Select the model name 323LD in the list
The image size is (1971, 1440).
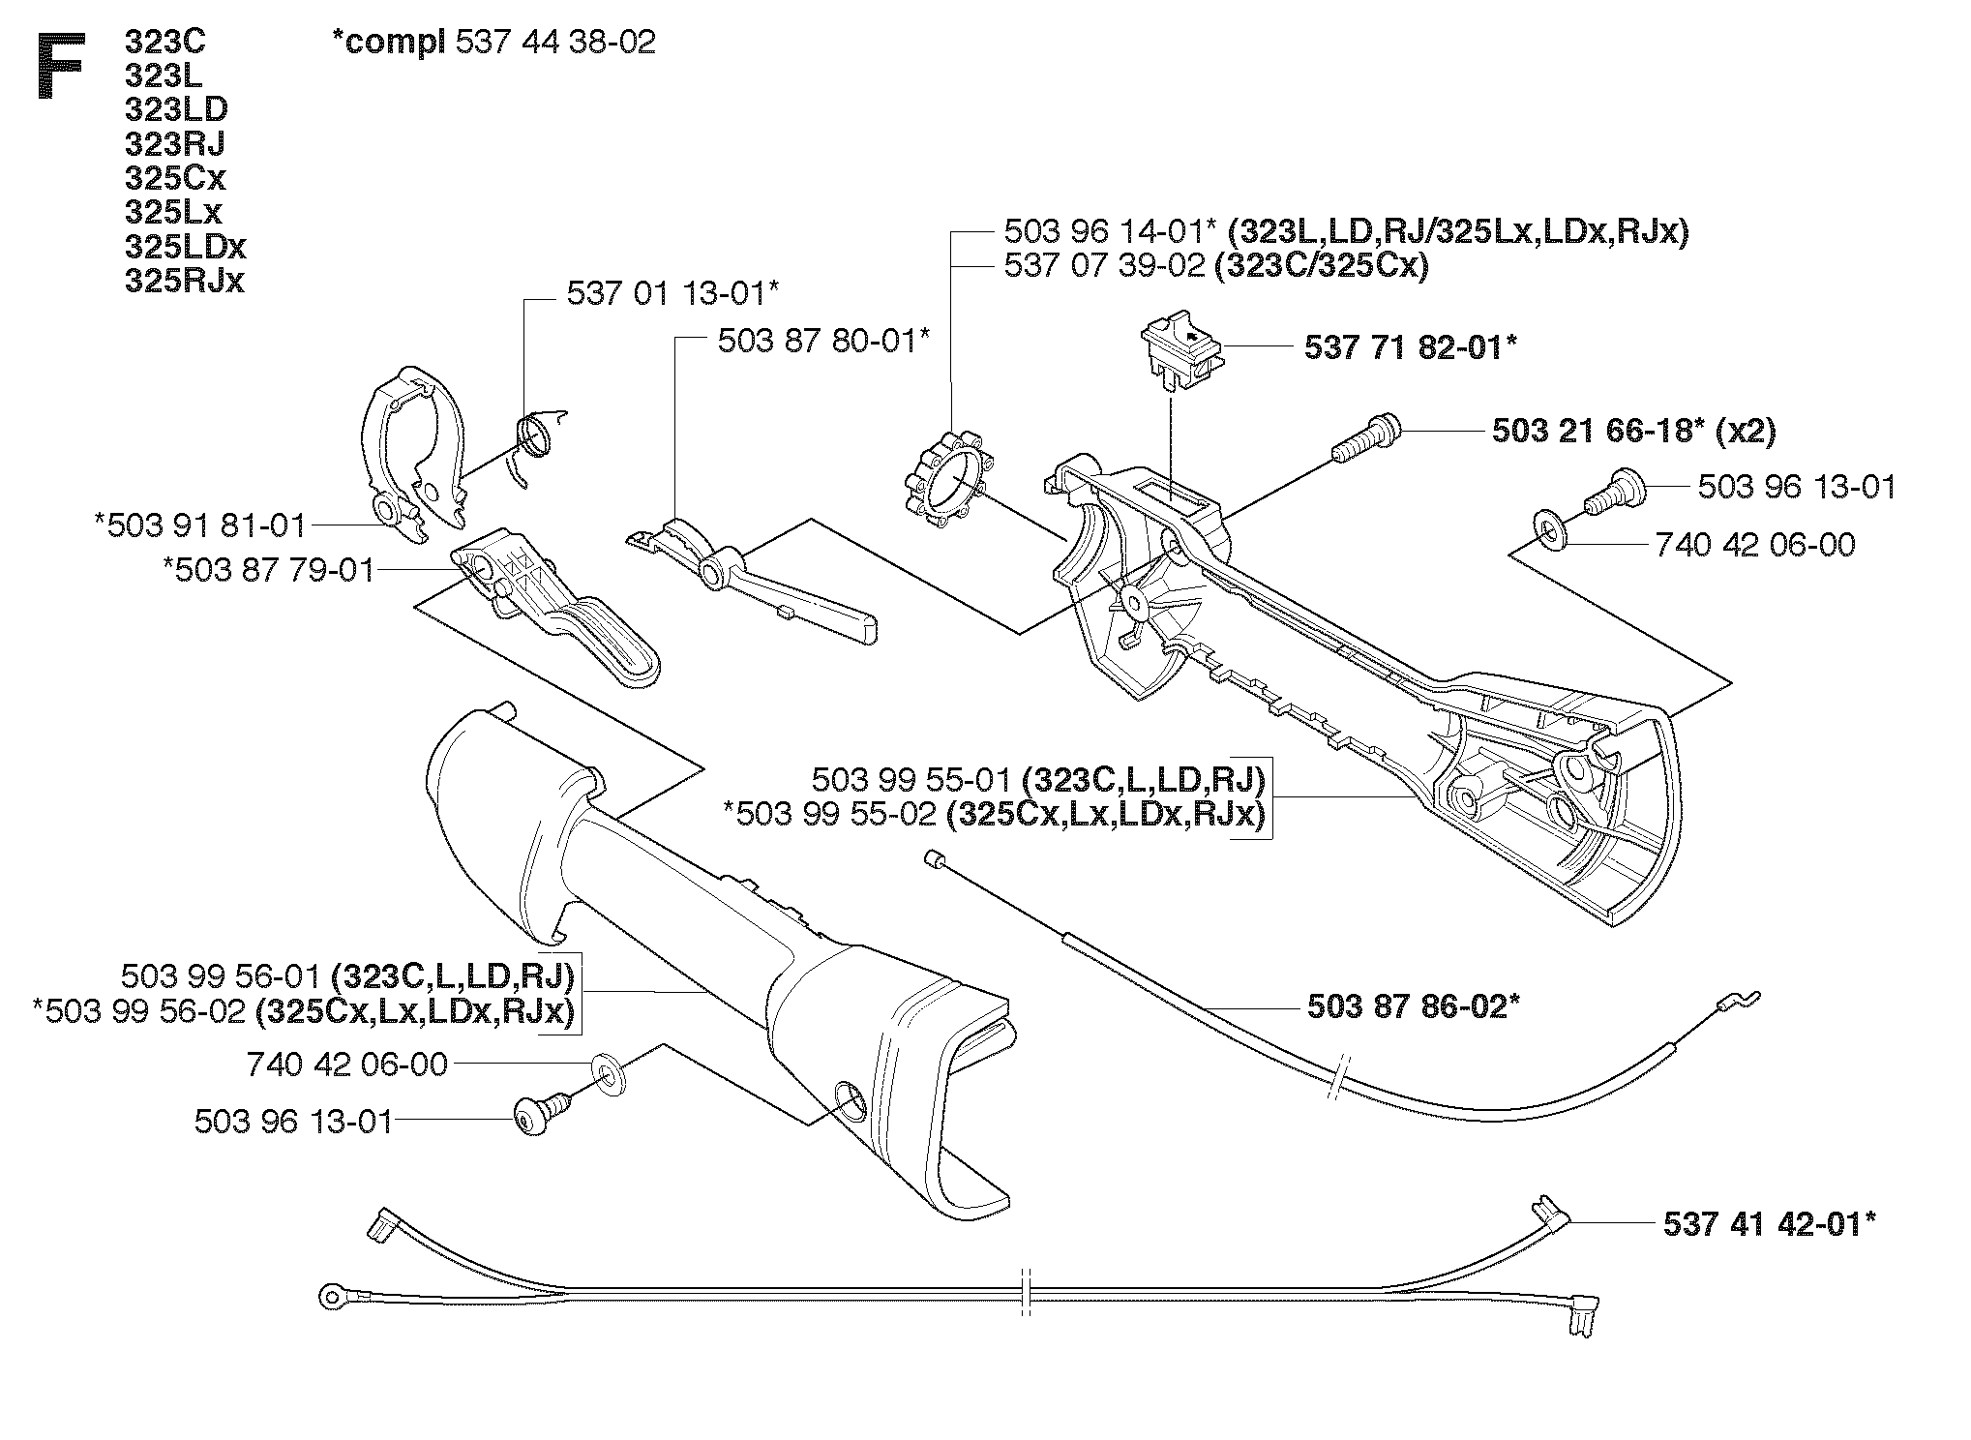pos(176,109)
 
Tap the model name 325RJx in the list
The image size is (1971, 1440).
pos(185,281)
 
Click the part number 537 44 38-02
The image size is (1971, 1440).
pos(554,42)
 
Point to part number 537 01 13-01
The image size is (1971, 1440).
pos(672,292)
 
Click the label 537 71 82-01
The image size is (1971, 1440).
pos(1410,346)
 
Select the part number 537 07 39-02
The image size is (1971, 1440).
pos(1104,265)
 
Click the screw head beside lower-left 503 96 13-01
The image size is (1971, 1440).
pos(528,1119)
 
